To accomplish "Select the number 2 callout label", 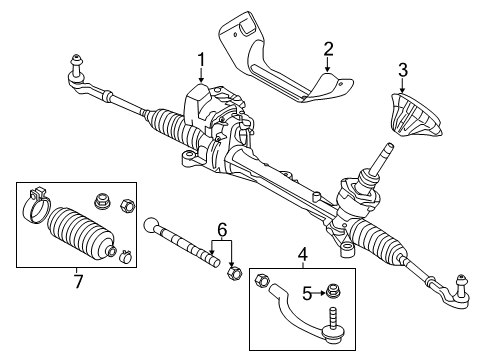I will [328, 49].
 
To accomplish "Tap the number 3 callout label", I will [402, 70].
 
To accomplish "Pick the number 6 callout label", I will [222, 229].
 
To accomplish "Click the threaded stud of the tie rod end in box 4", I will [332, 326].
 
